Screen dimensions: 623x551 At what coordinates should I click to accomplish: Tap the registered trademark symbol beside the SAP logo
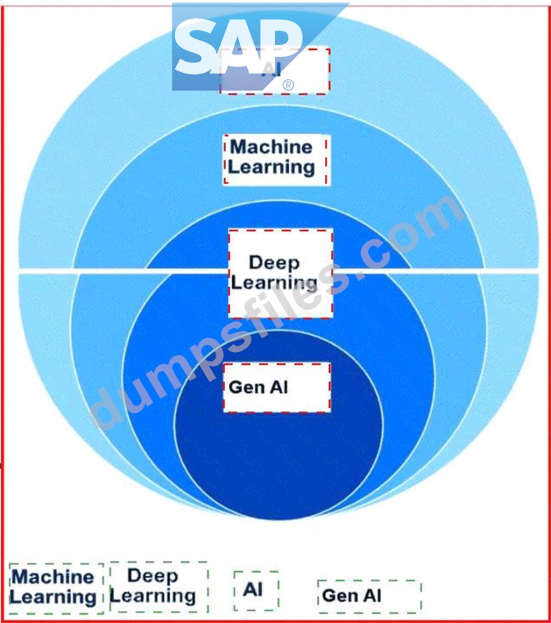coord(288,85)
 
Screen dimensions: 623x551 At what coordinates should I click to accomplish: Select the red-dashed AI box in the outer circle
coord(274,71)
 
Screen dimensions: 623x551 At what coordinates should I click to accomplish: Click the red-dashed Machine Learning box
coord(275,159)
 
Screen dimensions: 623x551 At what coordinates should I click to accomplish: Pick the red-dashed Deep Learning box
coord(280,273)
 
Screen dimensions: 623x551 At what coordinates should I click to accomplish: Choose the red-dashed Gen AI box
coord(277,387)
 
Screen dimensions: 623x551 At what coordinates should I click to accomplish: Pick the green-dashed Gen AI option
coord(369,596)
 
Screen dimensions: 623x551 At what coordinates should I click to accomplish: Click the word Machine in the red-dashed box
coord(271,147)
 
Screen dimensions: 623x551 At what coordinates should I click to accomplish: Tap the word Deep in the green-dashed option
coord(153,576)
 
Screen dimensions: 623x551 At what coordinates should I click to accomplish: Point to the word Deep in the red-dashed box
coord(274,263)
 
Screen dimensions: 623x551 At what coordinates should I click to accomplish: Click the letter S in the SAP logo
coord(195,49)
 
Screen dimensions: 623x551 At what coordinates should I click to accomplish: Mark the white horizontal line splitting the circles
coord(105,269)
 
